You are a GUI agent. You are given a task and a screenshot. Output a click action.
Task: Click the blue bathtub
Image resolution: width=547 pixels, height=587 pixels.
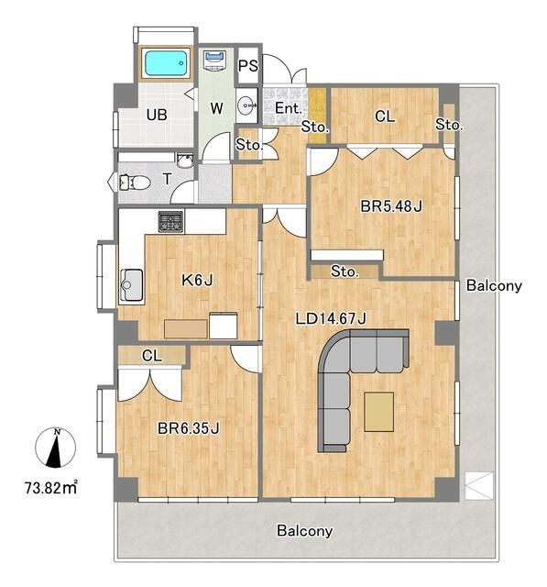click(166, 63)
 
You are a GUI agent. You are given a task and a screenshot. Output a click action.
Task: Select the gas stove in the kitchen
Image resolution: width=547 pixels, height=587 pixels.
click(170, 221)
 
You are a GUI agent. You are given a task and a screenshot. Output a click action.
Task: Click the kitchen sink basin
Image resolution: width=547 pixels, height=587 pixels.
click(131, 286)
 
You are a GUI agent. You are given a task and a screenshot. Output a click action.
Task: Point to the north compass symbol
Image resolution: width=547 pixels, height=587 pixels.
click(55, 448)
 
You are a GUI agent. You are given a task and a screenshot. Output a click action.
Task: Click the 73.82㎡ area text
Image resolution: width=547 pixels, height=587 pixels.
click(51, 487)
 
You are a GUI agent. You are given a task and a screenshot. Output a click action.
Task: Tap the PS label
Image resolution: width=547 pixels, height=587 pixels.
click(248, 66)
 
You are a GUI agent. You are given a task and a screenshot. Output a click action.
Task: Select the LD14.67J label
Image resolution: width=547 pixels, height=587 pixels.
click(331, 318)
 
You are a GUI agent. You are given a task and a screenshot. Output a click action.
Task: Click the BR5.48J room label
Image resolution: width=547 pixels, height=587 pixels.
click(391, 205)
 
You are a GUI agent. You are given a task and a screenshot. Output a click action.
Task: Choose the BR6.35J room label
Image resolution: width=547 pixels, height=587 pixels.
click(188, 428)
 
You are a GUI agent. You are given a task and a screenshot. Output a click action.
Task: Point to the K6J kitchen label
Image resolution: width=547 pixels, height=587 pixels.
click(197, 280)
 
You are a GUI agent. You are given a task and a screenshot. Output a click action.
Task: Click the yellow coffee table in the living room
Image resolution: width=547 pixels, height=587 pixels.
click(379, 412)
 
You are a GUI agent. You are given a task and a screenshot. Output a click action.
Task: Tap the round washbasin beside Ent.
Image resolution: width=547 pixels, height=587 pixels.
click(246, 105)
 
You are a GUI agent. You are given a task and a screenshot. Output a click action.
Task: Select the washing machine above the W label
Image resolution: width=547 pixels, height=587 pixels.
click(214, 60)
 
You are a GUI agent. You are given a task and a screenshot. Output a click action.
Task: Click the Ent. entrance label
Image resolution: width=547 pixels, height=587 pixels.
click(289, 108)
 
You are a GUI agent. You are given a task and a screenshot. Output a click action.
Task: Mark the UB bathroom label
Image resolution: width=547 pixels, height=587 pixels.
click(157, 115)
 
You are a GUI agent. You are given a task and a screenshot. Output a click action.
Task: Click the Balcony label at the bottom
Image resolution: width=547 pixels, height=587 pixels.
click(304, 531)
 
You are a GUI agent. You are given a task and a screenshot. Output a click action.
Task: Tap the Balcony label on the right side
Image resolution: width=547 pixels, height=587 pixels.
click(494, 285)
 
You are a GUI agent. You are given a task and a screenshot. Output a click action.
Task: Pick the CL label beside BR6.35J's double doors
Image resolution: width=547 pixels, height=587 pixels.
click(152, 356)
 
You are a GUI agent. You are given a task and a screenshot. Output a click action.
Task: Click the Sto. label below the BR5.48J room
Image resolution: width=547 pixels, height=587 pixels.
click(345, 271)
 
